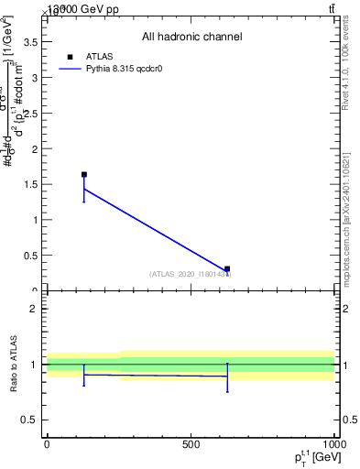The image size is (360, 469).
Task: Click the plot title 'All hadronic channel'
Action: (191, 38)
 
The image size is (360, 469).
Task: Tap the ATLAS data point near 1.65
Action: (84, 174)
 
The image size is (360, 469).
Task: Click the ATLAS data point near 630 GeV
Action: (227, 269)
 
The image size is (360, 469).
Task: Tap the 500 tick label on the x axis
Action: (191, 444)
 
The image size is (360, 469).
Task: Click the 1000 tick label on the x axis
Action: (333, 444)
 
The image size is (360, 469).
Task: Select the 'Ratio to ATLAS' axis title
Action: (14, 364)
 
